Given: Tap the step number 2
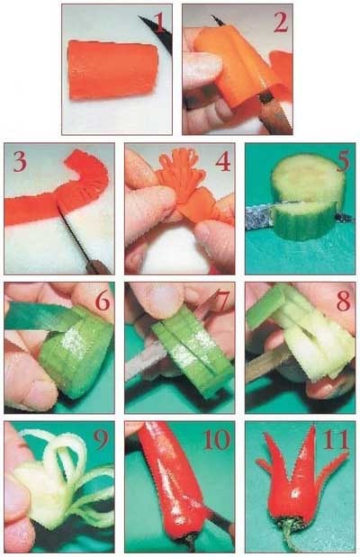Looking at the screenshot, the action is (x=280, y=23).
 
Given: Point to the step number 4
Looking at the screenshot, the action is (x=222, y=162).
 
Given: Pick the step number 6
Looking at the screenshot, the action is (x=103, y=301).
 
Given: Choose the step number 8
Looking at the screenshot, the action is (x=343, y=301).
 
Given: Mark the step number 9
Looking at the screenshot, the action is (x=102, y=441).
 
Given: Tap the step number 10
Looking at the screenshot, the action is (x=217, y=440).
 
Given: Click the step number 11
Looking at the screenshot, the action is (x=336, y=440).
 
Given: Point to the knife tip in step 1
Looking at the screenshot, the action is (x=139, y=17).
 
